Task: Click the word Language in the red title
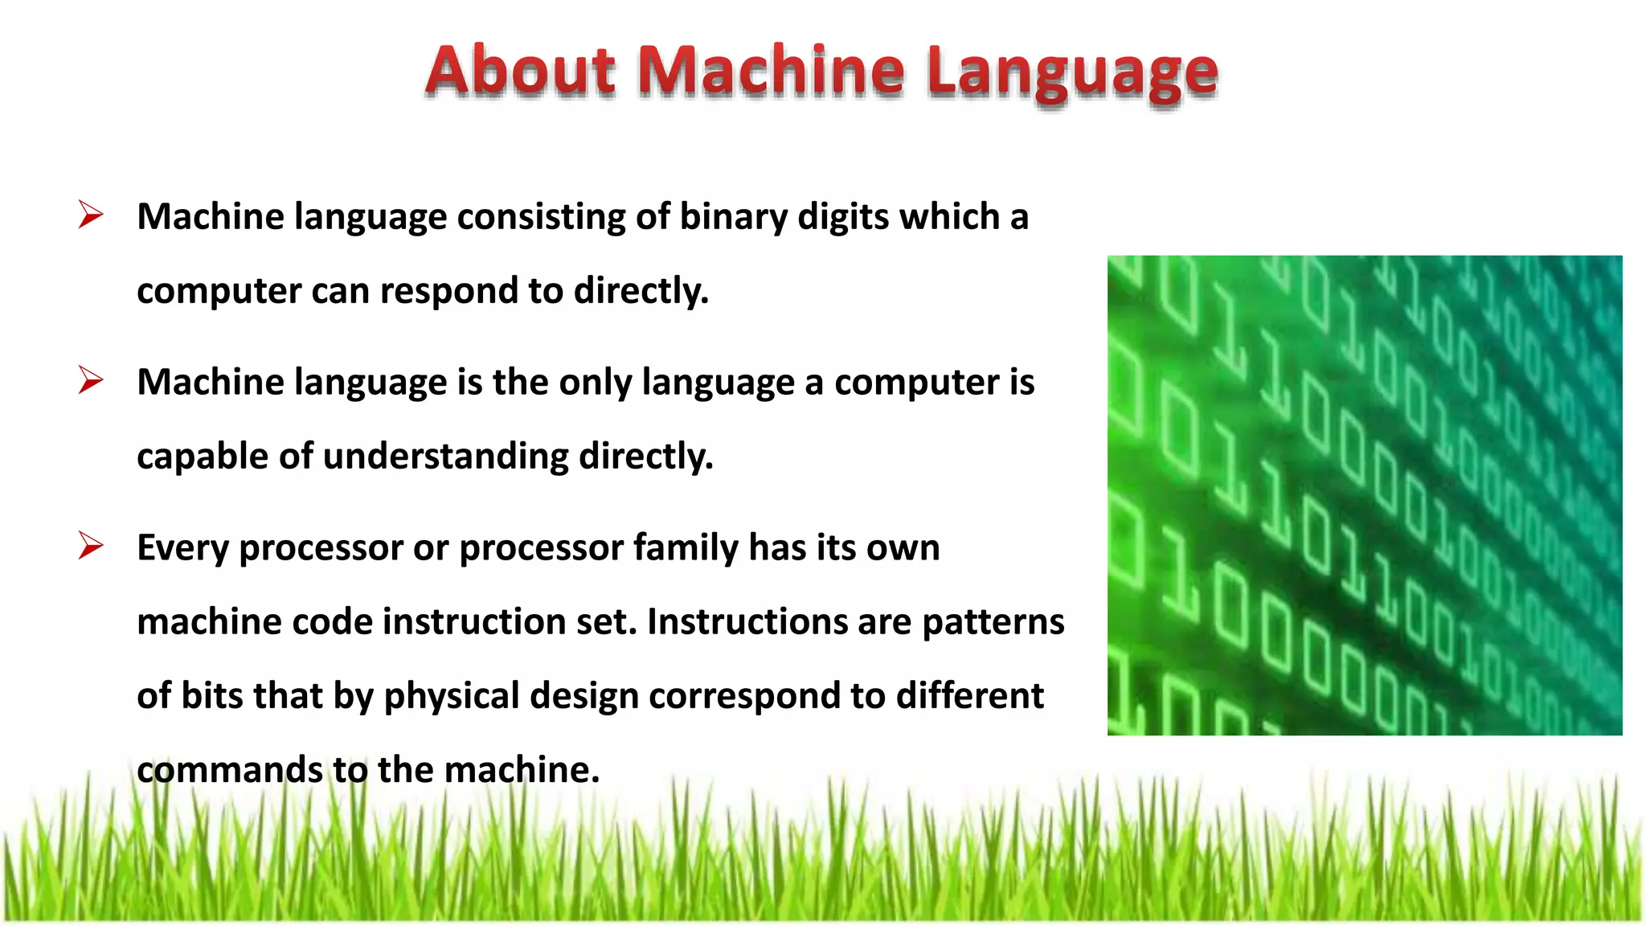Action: (1072, 74)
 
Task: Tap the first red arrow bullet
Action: (91, 215)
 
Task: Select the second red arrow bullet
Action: (91, 380)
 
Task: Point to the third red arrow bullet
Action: (91, 547)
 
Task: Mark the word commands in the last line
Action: (229, 770)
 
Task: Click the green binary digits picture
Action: (1364, 495)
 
